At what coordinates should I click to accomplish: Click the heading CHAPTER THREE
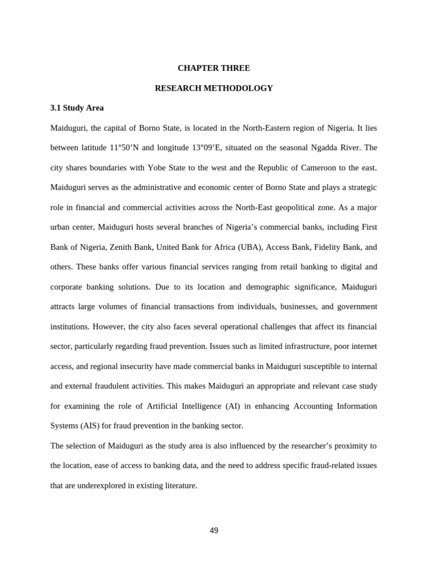213,68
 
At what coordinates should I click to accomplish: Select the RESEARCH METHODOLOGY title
213,88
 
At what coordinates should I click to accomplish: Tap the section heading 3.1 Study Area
77,108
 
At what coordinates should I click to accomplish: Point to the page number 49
214,530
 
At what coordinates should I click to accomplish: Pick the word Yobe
157,168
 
